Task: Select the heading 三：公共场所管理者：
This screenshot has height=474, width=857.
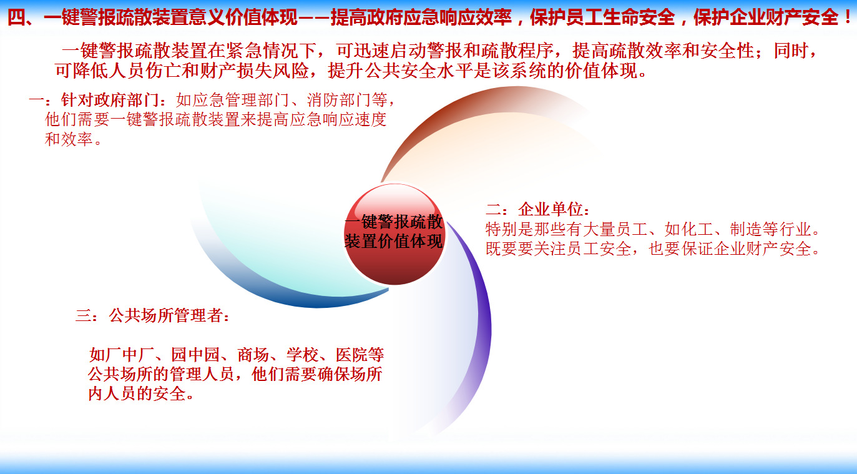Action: (x=153, y=316)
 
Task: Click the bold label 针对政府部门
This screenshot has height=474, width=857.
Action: (x=110, y=100)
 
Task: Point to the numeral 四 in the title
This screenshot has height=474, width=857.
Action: (x=16, y=17)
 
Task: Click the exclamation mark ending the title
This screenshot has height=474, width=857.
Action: (x=847, y=17)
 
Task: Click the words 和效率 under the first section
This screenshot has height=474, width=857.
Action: (x=69, y=139)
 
